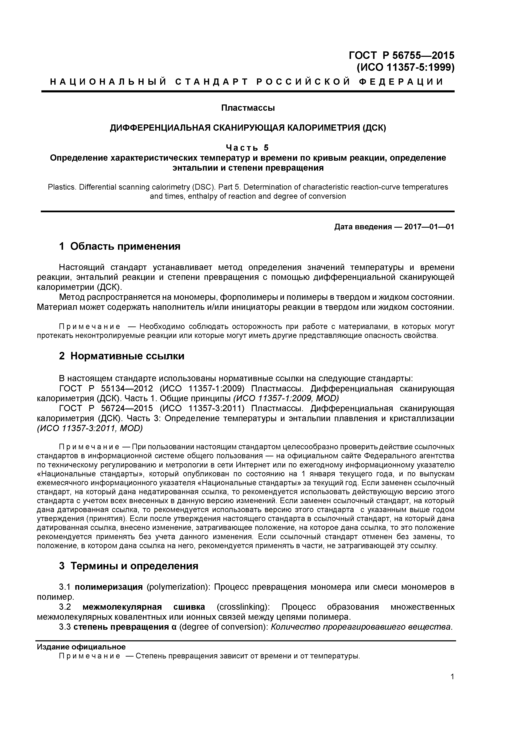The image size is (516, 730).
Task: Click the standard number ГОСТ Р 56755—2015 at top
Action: tap(402, 55)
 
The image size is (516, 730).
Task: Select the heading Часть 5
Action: tap(247, 148)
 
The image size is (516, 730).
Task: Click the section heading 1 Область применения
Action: tap(120, 246)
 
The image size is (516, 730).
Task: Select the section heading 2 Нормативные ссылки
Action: tap(122, 356)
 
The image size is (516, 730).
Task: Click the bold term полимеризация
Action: tap(109, 587)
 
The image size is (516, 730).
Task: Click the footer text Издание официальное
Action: tap(81, 647)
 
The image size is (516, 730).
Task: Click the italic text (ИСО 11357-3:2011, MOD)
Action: tap(90, 428)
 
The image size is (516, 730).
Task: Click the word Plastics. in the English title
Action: tap(62, 187)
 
